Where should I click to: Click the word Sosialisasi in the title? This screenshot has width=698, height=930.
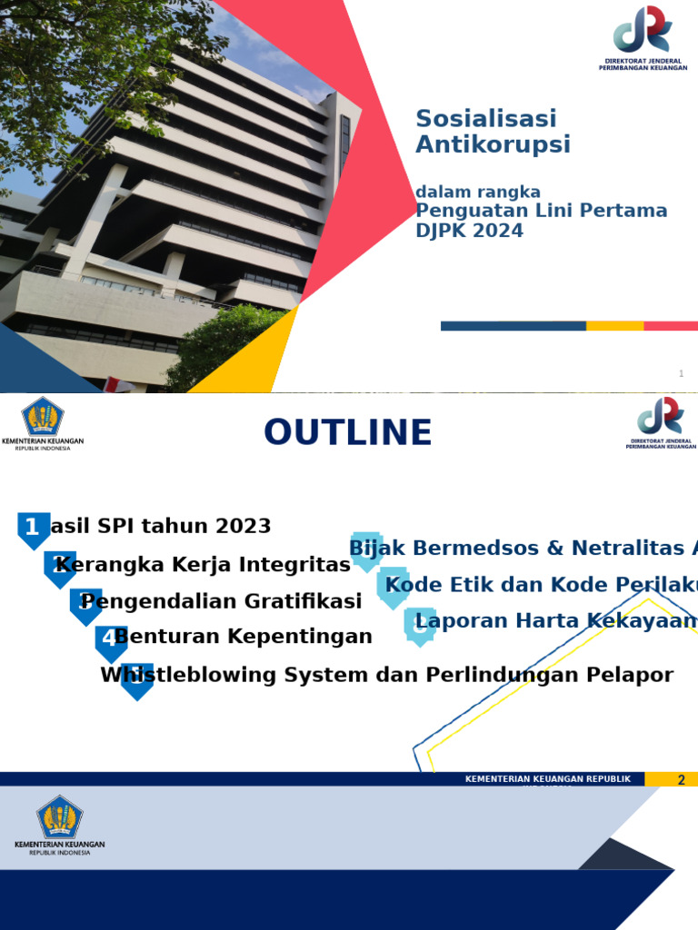(x=486, y=119)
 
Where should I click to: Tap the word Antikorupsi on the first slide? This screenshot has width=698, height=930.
(x=493, y=144)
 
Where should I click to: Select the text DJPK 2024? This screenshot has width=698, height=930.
(x=469, y=231)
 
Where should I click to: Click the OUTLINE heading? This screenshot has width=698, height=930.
(x=347, y=433)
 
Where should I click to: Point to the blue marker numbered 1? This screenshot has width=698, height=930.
(x=33, y=529)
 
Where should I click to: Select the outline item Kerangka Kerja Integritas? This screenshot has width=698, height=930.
(x=203, y=565)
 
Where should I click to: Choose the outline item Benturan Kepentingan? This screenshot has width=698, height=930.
(x=244, y=637)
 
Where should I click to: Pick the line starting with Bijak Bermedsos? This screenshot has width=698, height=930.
(x=523, y=548)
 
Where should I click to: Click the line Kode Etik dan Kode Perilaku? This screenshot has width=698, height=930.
(x=542, y=584)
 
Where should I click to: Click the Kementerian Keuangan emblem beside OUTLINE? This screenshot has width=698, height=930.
(x=43, y=418)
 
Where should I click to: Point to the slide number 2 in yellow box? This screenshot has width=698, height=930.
(x=681, y=779)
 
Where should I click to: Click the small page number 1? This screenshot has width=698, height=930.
(x=681, y=374)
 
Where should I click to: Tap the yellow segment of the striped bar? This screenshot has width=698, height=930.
(x=614, y=326)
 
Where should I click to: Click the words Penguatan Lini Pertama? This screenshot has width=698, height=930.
(x=541, y=211)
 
